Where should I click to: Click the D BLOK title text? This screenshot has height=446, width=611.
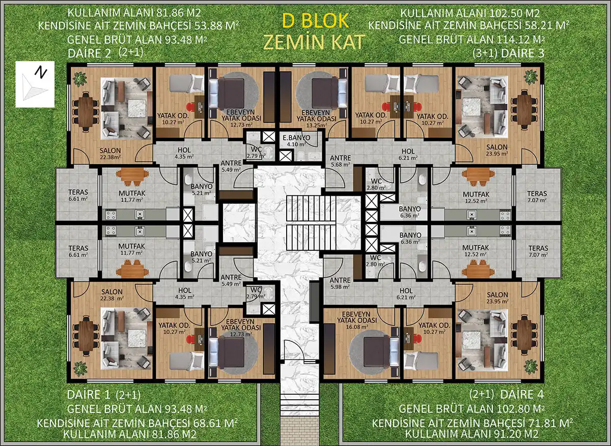click(x=316, y=21)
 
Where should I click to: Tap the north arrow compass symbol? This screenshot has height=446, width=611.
click(x=35, y=84)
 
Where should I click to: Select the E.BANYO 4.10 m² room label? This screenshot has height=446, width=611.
click(x=296, y=141)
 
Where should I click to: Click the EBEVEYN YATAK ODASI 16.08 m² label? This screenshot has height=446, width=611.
click(x=357, y=320)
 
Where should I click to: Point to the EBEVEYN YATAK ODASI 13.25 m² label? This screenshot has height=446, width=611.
click(x=316, y=119)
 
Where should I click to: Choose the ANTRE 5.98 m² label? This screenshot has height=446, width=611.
click(x=340, y=283)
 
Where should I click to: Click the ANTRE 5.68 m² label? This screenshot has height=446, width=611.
click(x=340, y=161)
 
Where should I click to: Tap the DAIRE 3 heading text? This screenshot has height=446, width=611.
click(x=522, y=53)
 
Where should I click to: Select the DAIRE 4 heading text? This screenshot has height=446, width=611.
click(x=522, y=394)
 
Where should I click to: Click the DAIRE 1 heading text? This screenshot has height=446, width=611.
click(x=89, y=395)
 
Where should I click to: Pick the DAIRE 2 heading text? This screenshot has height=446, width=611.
click(x=89, y=53)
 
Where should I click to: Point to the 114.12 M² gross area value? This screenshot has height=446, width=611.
click(x=520, y=40)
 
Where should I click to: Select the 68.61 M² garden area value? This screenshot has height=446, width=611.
click(x=215, y=423)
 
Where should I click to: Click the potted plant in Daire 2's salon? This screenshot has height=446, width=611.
click(x=80, y=79)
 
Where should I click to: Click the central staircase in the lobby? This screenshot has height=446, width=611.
click(x=311, y=223)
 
